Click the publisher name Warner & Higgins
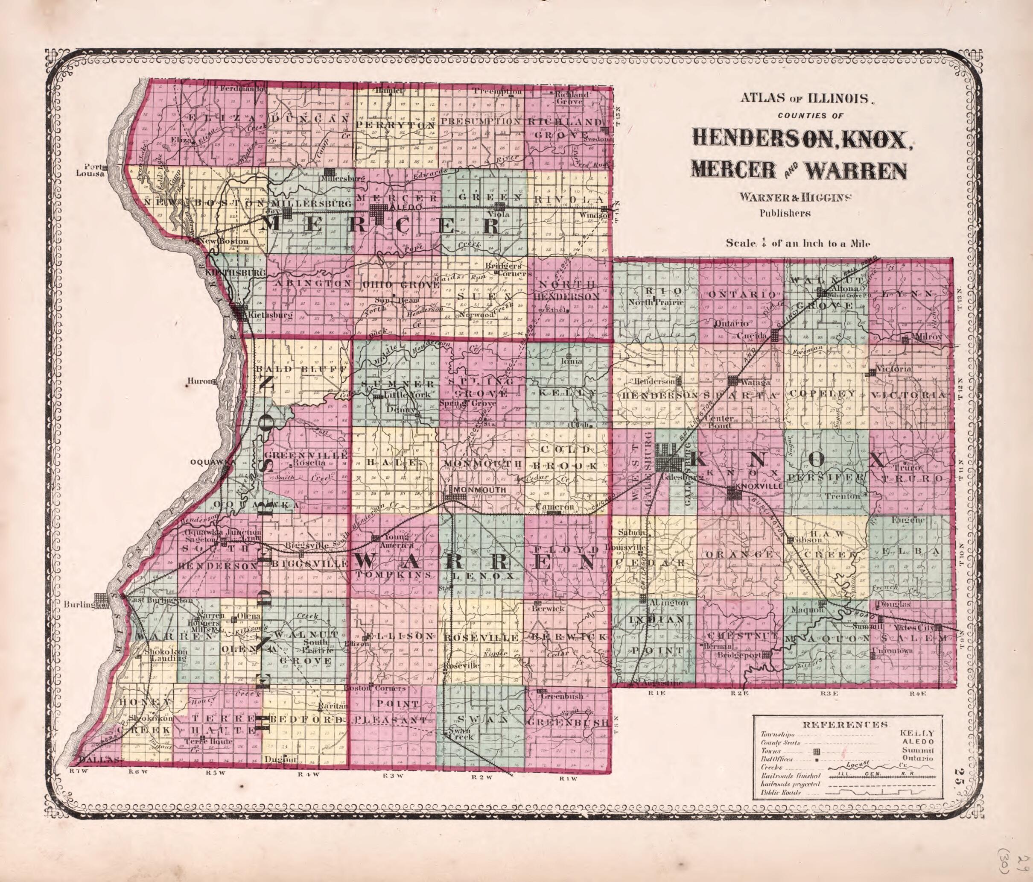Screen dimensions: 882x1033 (784, 197)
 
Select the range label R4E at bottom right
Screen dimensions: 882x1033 (917, 694)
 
